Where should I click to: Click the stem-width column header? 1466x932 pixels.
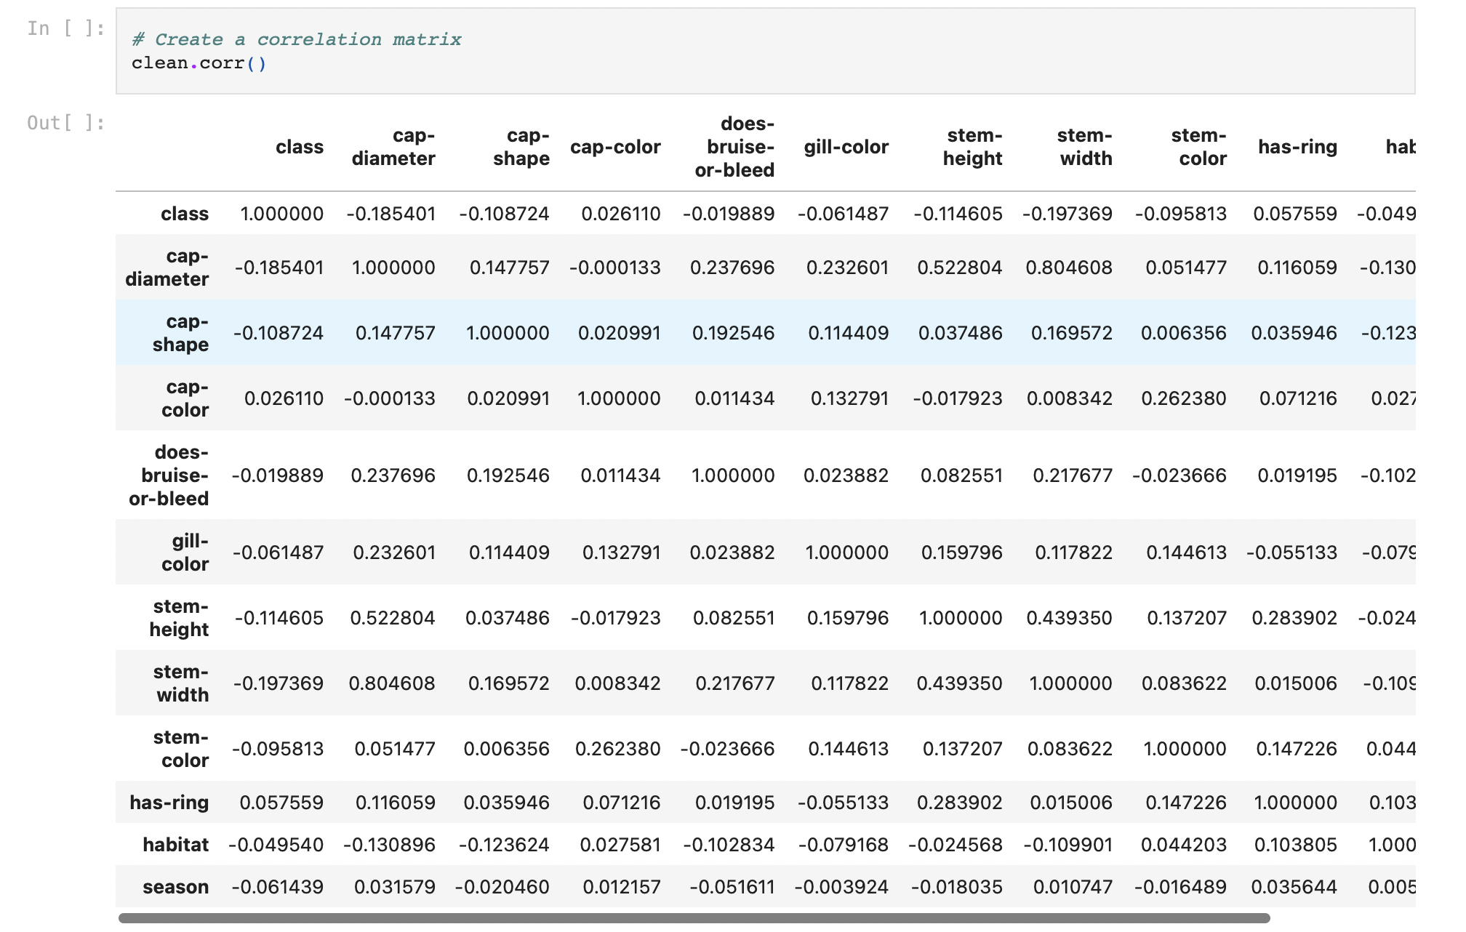tap(1084, 147)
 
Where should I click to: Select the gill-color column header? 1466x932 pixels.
tap(846, 147)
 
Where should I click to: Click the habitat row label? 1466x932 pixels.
tap(175, 845)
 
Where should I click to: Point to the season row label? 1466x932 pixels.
tap(175, 887)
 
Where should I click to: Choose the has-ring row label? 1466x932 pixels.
tap(169, 803)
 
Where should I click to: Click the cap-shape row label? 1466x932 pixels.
tap(180, 333)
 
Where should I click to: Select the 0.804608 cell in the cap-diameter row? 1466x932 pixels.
tap(1068, 268)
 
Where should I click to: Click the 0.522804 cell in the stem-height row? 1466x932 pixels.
tap(392, 618)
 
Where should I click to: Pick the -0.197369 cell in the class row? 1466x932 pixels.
tap(1067, 214)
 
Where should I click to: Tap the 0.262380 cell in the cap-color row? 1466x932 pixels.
tap(1183, 398)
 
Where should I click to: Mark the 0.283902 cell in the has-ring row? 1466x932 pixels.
tap(959, 803)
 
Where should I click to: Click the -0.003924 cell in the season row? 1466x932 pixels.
tap(841, 887)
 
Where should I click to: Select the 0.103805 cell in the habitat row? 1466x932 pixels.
tap(1295, 845)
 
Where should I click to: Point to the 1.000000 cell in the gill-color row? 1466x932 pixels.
tap(846, 553)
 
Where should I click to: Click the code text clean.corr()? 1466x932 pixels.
tap(199, 63)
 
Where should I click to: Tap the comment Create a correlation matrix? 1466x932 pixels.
tap(297, 39)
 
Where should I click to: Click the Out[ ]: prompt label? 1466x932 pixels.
tap(65, 123)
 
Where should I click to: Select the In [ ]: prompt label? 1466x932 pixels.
tap(65, 28)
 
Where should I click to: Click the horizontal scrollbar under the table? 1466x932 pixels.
tap(694, 918)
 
